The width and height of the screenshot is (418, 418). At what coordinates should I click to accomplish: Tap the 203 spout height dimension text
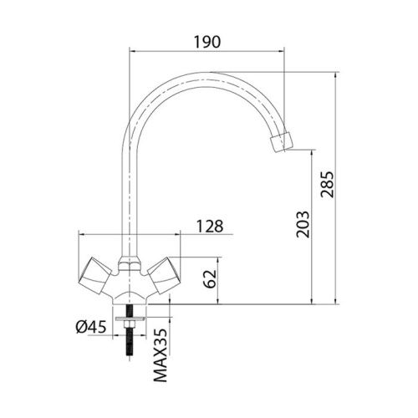303,224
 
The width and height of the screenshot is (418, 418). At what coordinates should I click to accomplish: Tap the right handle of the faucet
164,273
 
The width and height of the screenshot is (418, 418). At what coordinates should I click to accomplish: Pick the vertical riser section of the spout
129,192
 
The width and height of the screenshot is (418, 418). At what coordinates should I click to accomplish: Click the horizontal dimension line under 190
206,50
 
